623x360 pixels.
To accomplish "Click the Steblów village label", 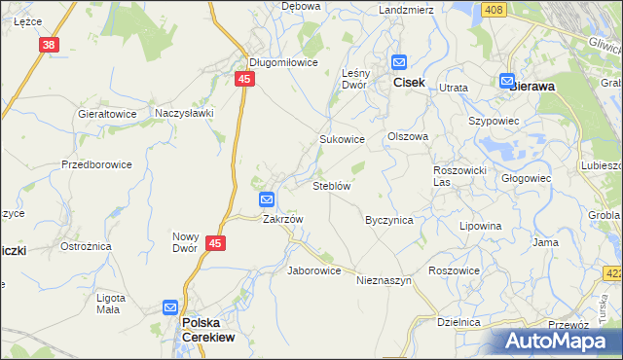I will pos(331,185).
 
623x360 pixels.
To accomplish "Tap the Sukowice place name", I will pos(343,139).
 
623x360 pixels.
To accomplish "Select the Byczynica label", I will pos(388,220).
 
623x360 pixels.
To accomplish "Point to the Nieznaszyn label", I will pos(385,280).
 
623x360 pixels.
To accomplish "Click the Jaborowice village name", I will pos(313,270).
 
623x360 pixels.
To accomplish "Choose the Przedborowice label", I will pos(96,164).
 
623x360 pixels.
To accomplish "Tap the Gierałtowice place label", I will pos(107,113).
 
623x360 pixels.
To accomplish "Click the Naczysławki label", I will pos(184,113).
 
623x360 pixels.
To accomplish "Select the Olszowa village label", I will pos(408,136).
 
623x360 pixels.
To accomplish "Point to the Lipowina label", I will pos(480,226).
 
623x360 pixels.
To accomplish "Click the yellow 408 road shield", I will pos(494,10).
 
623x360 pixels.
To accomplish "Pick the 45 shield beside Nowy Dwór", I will pos(216,245).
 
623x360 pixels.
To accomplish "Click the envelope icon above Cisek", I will pos(399,62).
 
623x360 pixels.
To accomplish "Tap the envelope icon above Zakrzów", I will pos(267,199).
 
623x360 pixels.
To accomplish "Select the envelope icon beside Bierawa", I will pos(506,82).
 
